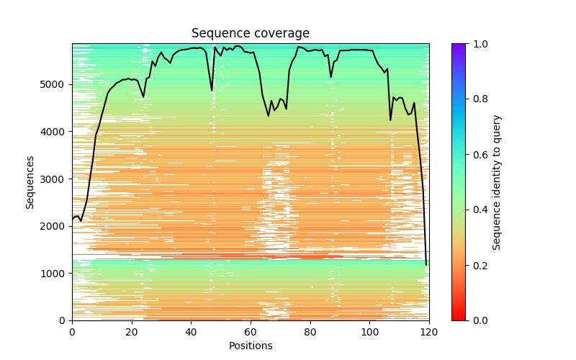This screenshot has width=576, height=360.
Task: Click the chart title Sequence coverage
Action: [251, 34]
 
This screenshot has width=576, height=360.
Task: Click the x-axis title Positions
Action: [251, 346]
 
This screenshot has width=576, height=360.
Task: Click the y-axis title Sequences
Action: [30, 182]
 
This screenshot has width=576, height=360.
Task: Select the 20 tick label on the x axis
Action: [132, 331]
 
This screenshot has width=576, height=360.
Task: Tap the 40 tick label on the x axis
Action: [191, 331]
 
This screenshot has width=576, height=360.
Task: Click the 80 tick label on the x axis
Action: [310, 331]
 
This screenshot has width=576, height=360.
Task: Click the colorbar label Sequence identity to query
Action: [498, 182]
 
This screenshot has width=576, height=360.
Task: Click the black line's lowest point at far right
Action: [426, 264]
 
